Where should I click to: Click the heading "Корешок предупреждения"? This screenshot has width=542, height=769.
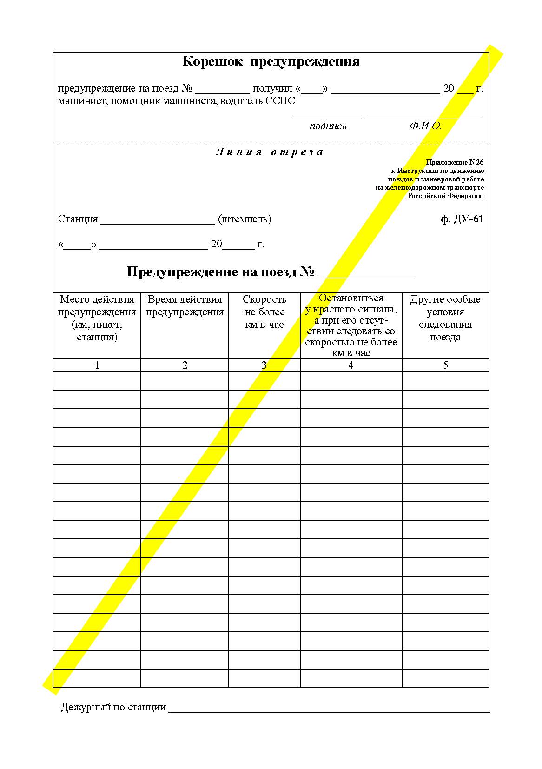pyautogui.click(x=271, y=62)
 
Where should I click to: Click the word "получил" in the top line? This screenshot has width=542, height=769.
pyautogui.click(x=272, y=89)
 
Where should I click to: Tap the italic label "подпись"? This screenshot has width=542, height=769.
pyautogui.click(x=328, y=126)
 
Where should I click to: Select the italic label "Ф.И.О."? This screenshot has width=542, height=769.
pyautogui.click(x=425, y=126)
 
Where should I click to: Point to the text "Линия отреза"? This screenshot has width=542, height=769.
pyautogui.click(x=270, y=152)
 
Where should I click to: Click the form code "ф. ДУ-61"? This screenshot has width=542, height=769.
pyautogui.click(x=462, y=219)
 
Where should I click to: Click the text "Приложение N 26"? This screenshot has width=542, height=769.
pyautogui.click(x=455, y=162)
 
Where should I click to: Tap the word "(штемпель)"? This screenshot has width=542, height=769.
pyautogui.click(x=245, y=219)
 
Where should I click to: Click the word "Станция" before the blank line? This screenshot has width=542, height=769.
pyautogui.click(x=78, y=219)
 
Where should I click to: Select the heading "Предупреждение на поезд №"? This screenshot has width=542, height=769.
pyautogui.click(x=221, y=272)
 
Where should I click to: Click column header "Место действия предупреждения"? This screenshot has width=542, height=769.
pyautogui.click(x=97, y=318)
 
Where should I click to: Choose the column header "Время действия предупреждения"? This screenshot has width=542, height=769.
pyautogui.click(x=185, y=305)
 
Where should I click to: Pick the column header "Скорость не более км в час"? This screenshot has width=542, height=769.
pyautogui.click(x=264, y=312)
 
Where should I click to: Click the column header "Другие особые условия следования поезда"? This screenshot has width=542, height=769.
pyautogui.click(x=445, y=318)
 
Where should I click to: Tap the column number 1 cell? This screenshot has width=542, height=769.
pyautogui.click(x=97, y=365)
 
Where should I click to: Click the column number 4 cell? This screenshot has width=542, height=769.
pyautogui.click(x=350, y=365)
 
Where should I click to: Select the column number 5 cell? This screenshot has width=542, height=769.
pyautogui.click(x=445, y=365)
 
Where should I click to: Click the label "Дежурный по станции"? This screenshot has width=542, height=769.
pyautogui.click(x=113, y=708)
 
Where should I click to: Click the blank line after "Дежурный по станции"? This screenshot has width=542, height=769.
pyautogui.click(x=329, y=709)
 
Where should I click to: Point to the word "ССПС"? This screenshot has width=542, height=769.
pyautogui.click(x=280, y=101)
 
